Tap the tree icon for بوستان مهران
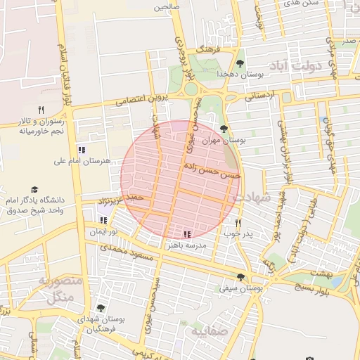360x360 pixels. coord(224,129)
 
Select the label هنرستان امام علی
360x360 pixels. coord(82,161)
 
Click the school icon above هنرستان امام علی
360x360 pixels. coord(82,150)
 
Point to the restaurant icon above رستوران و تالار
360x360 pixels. coord(41,110)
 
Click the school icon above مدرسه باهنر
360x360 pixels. coord(187,235)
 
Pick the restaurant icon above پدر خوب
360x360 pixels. coord(238,223)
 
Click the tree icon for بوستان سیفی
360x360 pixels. coord(241,277)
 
